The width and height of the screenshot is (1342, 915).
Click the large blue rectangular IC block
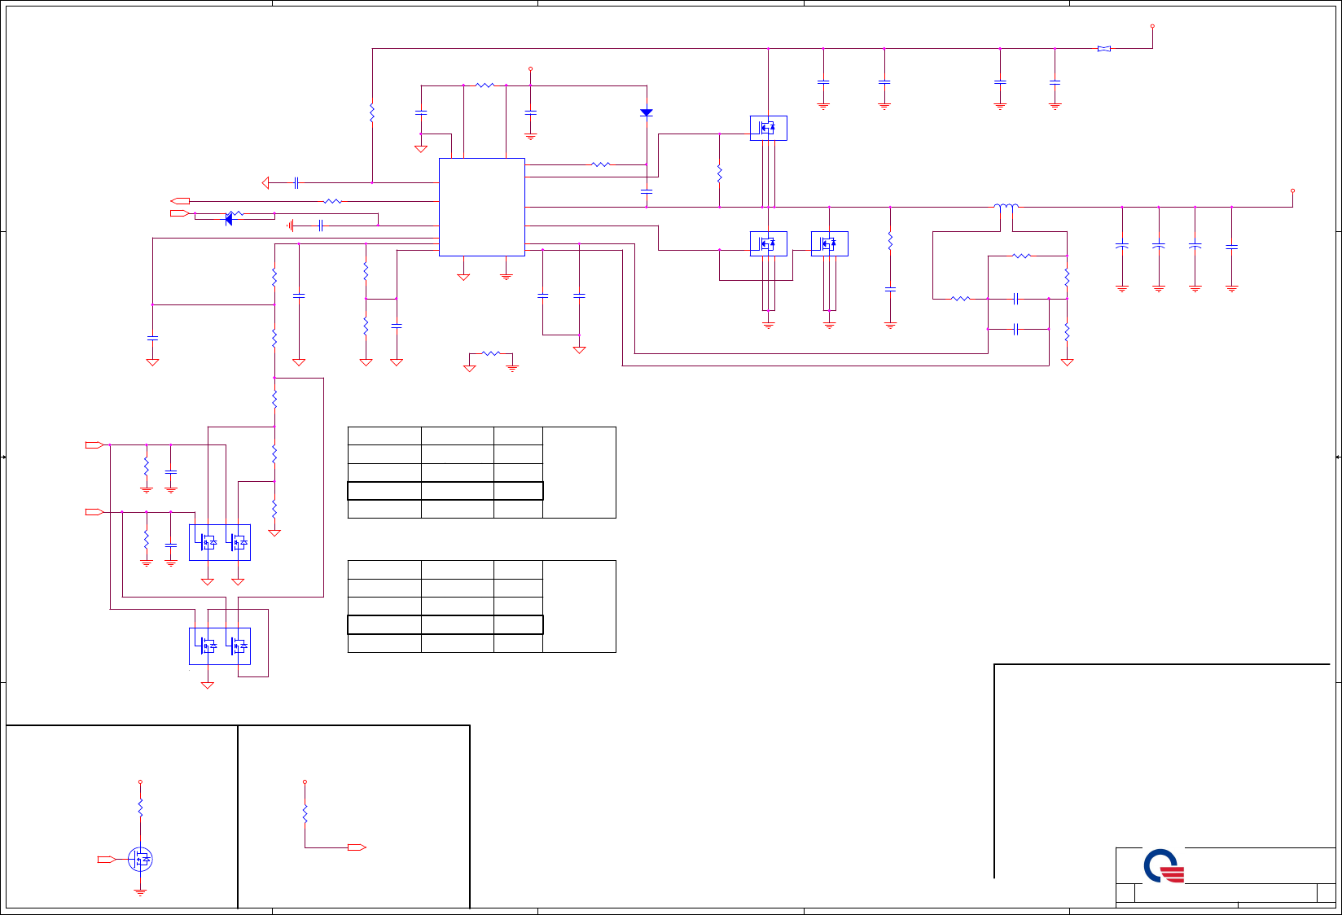pos(481,207)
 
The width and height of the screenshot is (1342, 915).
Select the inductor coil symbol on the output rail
pos(1006,206)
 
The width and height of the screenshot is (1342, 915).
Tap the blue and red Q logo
pos(1163,866)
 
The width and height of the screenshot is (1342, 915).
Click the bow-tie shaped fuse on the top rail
pos(1103,49)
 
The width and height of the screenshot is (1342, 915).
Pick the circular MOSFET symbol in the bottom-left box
pos(140,859)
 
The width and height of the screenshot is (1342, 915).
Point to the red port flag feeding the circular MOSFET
pos(106,859)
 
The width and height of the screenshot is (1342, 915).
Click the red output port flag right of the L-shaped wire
pos(356,847)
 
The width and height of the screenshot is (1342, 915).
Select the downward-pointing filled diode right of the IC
pos(646,112)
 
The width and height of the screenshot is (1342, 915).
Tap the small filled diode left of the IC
pos(229,218)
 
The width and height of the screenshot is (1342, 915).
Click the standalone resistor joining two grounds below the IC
pos(490,353)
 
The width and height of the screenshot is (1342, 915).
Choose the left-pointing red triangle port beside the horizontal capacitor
pos(265,183)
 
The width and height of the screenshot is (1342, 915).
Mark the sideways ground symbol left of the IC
pos(290,225)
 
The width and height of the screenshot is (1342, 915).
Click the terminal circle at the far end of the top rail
pos(1152,26)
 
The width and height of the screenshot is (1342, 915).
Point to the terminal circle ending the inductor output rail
pos(1292,191)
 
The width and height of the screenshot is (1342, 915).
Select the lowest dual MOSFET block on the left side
pos(219,646)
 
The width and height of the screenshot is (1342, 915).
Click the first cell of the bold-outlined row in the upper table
pos(384,490)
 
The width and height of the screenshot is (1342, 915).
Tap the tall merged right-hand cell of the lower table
pos(579,606)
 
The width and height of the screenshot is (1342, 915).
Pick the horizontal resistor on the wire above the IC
pos(485,85)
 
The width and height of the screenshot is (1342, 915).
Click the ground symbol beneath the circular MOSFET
pos(140,892)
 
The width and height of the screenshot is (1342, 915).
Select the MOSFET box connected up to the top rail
pos(768,128)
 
